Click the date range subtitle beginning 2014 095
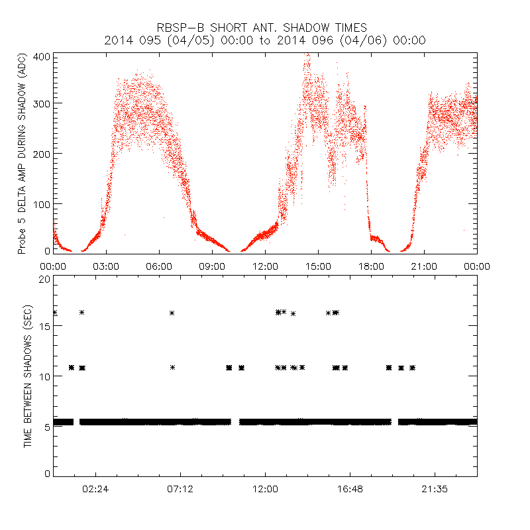pos(264,40)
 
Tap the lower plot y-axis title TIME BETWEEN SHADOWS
pos(28,376)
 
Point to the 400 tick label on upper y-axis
pos(42,56)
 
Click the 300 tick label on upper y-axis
pos(42,104)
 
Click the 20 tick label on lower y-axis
pos(45,280)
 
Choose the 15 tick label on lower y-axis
pos(45,326)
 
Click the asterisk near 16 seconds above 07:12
pos(172,313)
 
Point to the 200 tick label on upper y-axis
pos(42,153)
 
